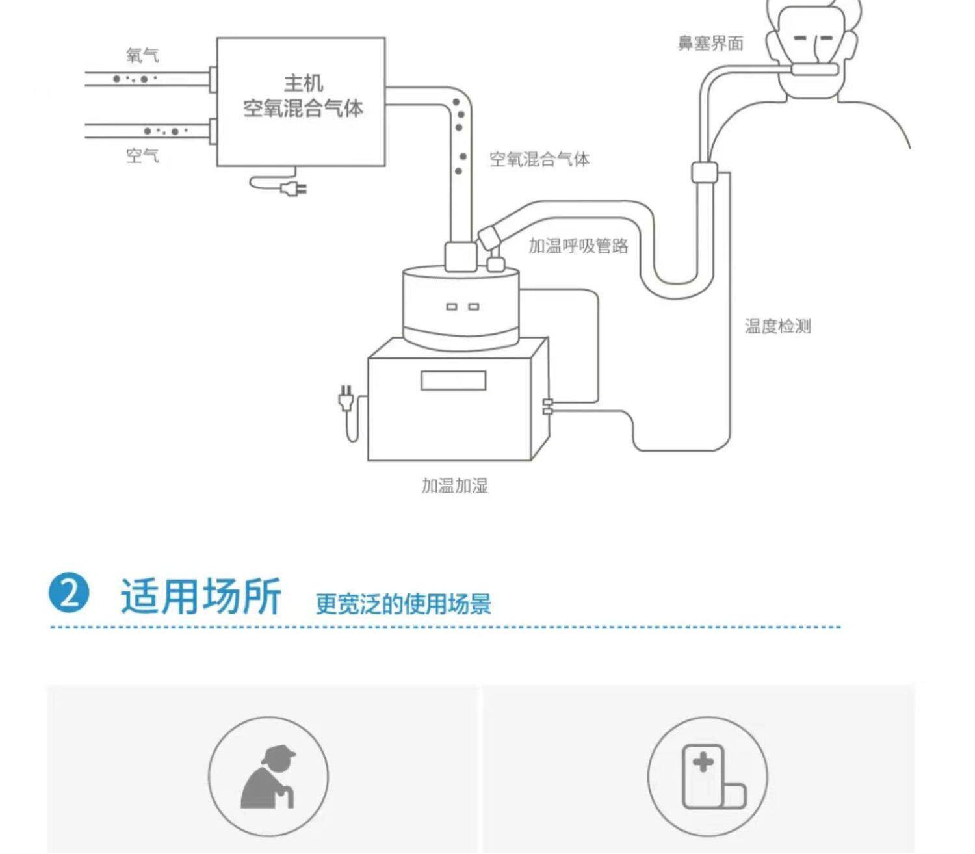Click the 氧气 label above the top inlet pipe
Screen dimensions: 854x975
(x=142, y=55)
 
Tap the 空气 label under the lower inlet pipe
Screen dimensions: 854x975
(x=142, y=156)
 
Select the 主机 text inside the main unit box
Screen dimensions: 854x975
(x=303, y=83)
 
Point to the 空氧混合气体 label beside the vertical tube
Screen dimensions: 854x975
(x=539, y=159)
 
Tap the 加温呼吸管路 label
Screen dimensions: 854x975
(x=578, y=246)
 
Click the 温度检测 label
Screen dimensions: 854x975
(x=777, y=326)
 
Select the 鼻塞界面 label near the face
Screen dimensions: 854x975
(x=710, y=44)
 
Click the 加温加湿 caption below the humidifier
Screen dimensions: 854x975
(x=454, y=485)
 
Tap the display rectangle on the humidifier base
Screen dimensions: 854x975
(x=453, y=380)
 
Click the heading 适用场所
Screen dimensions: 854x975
(x=201, y=595)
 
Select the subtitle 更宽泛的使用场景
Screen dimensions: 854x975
(x=403, y=604)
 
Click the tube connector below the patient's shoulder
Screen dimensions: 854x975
(x=704, y=173)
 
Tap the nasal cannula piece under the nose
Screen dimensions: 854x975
(x=814, y=70)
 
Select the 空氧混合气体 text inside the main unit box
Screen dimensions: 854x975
(x=303, y=108)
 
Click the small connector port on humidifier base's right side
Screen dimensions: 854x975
(x=547, y=406)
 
